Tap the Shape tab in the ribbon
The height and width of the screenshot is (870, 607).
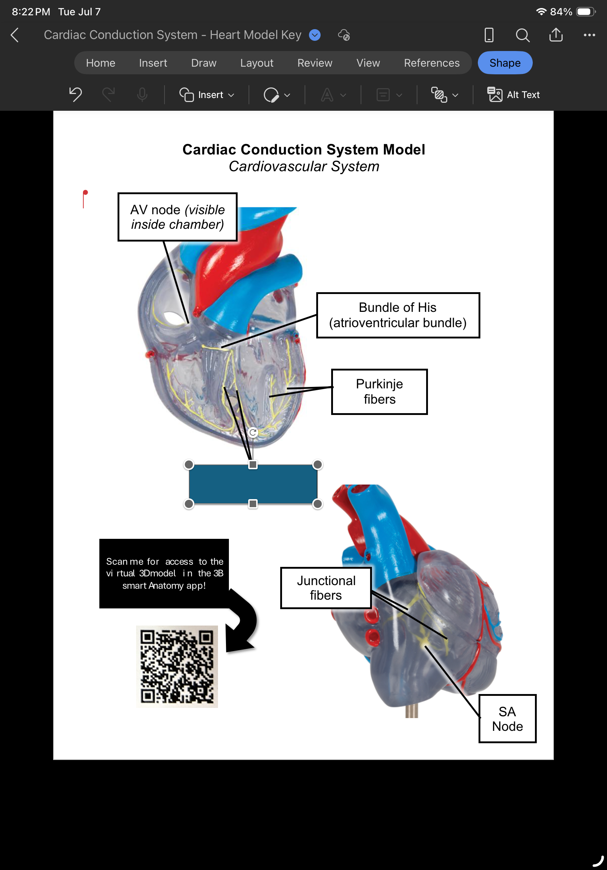coord(505,63)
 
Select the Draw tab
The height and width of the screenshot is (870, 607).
coord(203,63)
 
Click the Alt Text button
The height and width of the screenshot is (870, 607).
coord(513,95)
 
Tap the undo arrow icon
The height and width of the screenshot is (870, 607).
coord(76,94)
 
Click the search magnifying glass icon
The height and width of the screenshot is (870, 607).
coord(523,35)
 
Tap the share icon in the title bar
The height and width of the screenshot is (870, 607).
coord(556,35)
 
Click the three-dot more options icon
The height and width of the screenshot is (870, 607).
coord(589,35)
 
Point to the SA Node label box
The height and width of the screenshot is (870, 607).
coord(508,718)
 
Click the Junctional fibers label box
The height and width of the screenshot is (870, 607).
coord(326,588)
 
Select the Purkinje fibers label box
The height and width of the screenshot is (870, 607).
coord(380,391)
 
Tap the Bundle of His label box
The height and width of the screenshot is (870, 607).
coord(398,315)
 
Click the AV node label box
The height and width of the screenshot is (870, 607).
coord(178,217)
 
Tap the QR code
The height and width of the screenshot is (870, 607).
coord(177,666)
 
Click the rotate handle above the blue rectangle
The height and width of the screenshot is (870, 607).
coord(253,432)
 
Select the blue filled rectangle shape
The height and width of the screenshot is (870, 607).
coord(253,484)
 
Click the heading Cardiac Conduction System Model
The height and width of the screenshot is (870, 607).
coord(304,150)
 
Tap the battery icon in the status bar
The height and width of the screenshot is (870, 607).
coord(586,12)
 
